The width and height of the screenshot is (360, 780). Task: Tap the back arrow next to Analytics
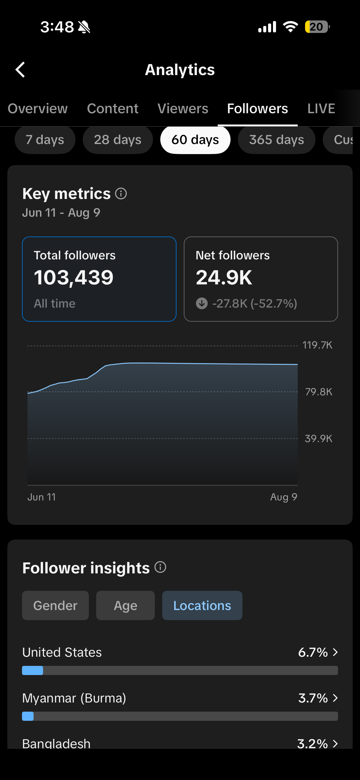click(x=20, y=70)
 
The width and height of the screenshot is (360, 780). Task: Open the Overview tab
click(x=38, y=109)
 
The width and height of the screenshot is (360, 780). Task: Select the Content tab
click(x=113, y=109)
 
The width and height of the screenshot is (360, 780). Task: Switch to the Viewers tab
click(x=183, y=109)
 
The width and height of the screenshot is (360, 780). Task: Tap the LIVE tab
click(x=321, y=109)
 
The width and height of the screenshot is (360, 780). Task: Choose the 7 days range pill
click(x=45, y=140)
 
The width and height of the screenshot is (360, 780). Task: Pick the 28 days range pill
click(x=118, y=140)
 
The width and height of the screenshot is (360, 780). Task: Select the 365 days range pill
click(x=277, y=140)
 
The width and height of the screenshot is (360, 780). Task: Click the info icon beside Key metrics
click(x=121, y=193)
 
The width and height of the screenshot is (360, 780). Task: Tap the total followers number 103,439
click(x=74, y=278)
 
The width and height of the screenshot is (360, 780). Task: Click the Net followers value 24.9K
click(x=224, y=278)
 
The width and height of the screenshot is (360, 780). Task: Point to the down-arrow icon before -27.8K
click(x=202, y=303)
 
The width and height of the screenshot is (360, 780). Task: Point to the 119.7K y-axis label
click(x=317, y=345)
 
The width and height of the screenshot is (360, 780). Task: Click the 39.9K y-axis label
click(x=318, y=439)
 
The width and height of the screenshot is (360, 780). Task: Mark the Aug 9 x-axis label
click(x=284, y=497)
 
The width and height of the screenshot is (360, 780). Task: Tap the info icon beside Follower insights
click(x=160, y=567)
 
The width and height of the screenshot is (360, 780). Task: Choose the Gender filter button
click(x=55, y=605)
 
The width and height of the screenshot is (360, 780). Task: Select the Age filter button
click(x=125, y=605)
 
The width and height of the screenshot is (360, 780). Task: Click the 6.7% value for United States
click(x=313, y=652)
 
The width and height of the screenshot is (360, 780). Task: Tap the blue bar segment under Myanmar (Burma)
click(x=28, y=716)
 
